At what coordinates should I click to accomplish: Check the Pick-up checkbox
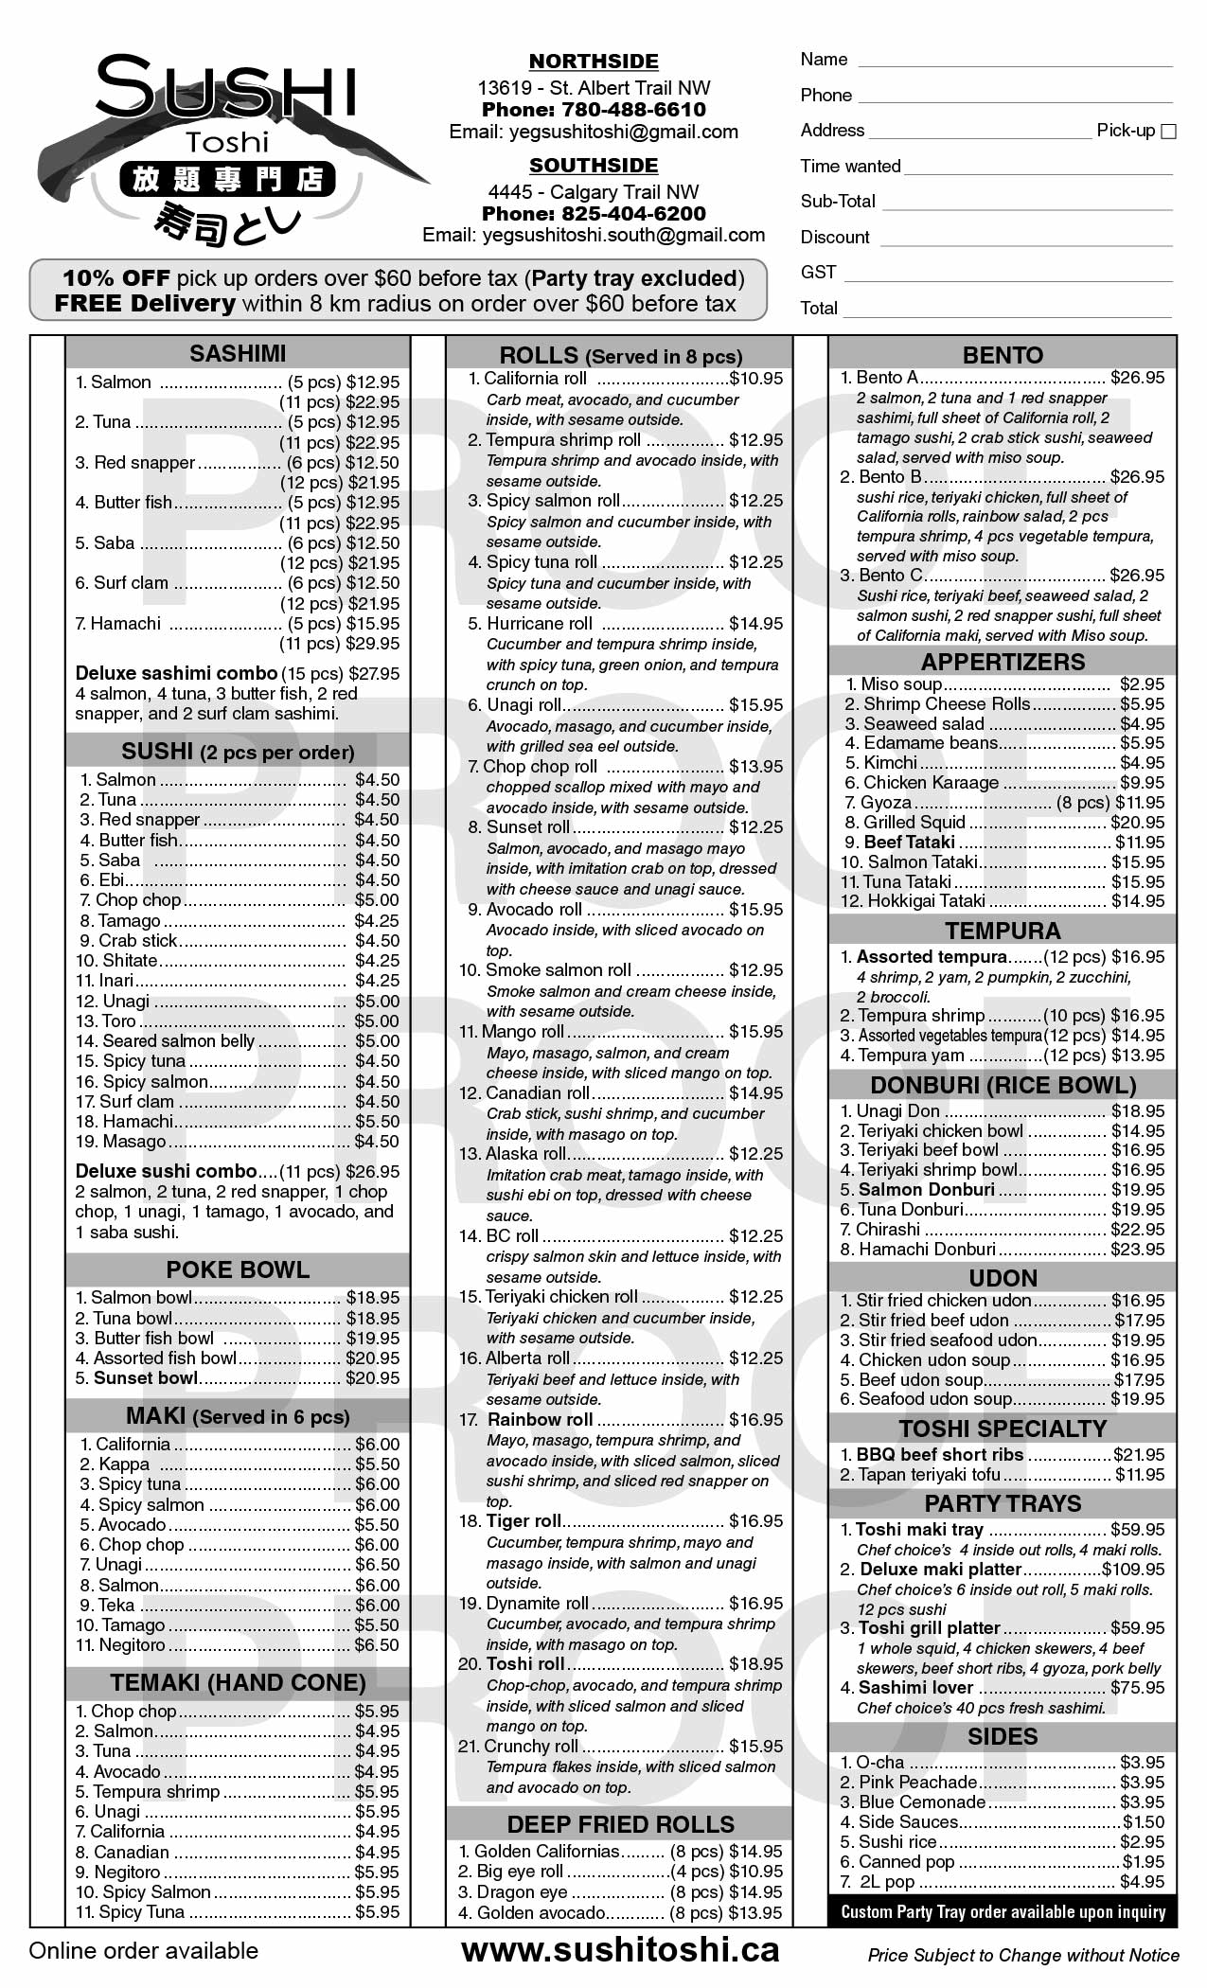pyautogui.click(x=1168, y=132)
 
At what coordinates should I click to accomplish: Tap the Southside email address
pyautogui.click(x=594, y=235)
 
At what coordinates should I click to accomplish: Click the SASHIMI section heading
pyautogui.click(x=238, y=353)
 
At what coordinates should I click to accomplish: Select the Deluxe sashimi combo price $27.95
pyautogui.click(x=375, y=674)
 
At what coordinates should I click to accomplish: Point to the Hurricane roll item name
pyautogui.click(x=539, y=624)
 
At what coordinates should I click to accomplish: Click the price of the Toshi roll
pyautogui.click(x=755, y=1664)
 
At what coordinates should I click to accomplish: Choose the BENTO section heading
pyautogui.click(x=1003, y=355)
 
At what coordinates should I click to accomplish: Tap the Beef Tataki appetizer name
pyautogui.click(x=909, y=843)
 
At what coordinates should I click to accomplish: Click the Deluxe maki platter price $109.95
pyautogui.click(x=1133, y=1570)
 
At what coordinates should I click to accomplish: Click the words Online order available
pyautogui.click(x=143, y=1951)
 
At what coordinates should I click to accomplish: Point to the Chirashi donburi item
pyautogui.click(x=888, y=1230)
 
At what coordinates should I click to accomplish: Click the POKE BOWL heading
pyautogui.click(x=238, y=1270)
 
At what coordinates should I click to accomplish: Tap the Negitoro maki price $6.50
pyautogui.click(x=377, y=1645)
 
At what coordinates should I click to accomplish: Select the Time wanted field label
pyautogui.click(x=850, y=167)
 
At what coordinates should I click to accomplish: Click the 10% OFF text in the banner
pyautogui.click(x=115, y=278)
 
